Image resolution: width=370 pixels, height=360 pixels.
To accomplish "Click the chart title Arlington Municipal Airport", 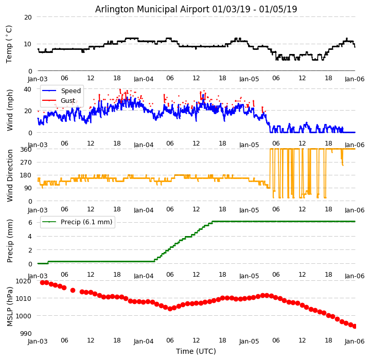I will tap(196, 9).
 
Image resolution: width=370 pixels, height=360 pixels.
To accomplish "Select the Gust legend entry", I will tap(67, 101).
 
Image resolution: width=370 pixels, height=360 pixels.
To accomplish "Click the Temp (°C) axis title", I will tap(9, 44).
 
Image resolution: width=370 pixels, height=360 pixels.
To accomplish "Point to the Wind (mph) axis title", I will tap(10, 110).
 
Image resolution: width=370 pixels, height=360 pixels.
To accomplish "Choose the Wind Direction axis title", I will tap(10, 175).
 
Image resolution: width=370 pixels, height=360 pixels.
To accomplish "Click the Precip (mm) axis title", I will tap(10, 241).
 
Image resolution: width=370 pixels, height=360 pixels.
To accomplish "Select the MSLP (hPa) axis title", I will tap(10, 307).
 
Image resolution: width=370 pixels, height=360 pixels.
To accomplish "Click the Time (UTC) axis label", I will tap(196, 351).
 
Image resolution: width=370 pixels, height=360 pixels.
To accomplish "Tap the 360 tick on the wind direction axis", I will tap(26, 149).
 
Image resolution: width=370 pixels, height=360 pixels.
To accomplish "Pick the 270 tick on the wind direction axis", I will tap(26, 163).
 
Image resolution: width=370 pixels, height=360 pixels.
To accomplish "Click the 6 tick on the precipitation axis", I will tap(30, 222).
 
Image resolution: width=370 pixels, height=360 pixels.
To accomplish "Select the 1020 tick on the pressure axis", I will tap(24, 281).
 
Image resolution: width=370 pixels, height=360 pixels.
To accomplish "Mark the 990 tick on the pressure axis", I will tap(26, 333).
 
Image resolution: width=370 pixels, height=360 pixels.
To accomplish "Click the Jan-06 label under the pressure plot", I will tap(355, 341).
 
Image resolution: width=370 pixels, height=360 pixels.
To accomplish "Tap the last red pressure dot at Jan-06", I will tap(355, 326).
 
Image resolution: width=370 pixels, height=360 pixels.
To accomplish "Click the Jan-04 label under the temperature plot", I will tap(144, 79).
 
